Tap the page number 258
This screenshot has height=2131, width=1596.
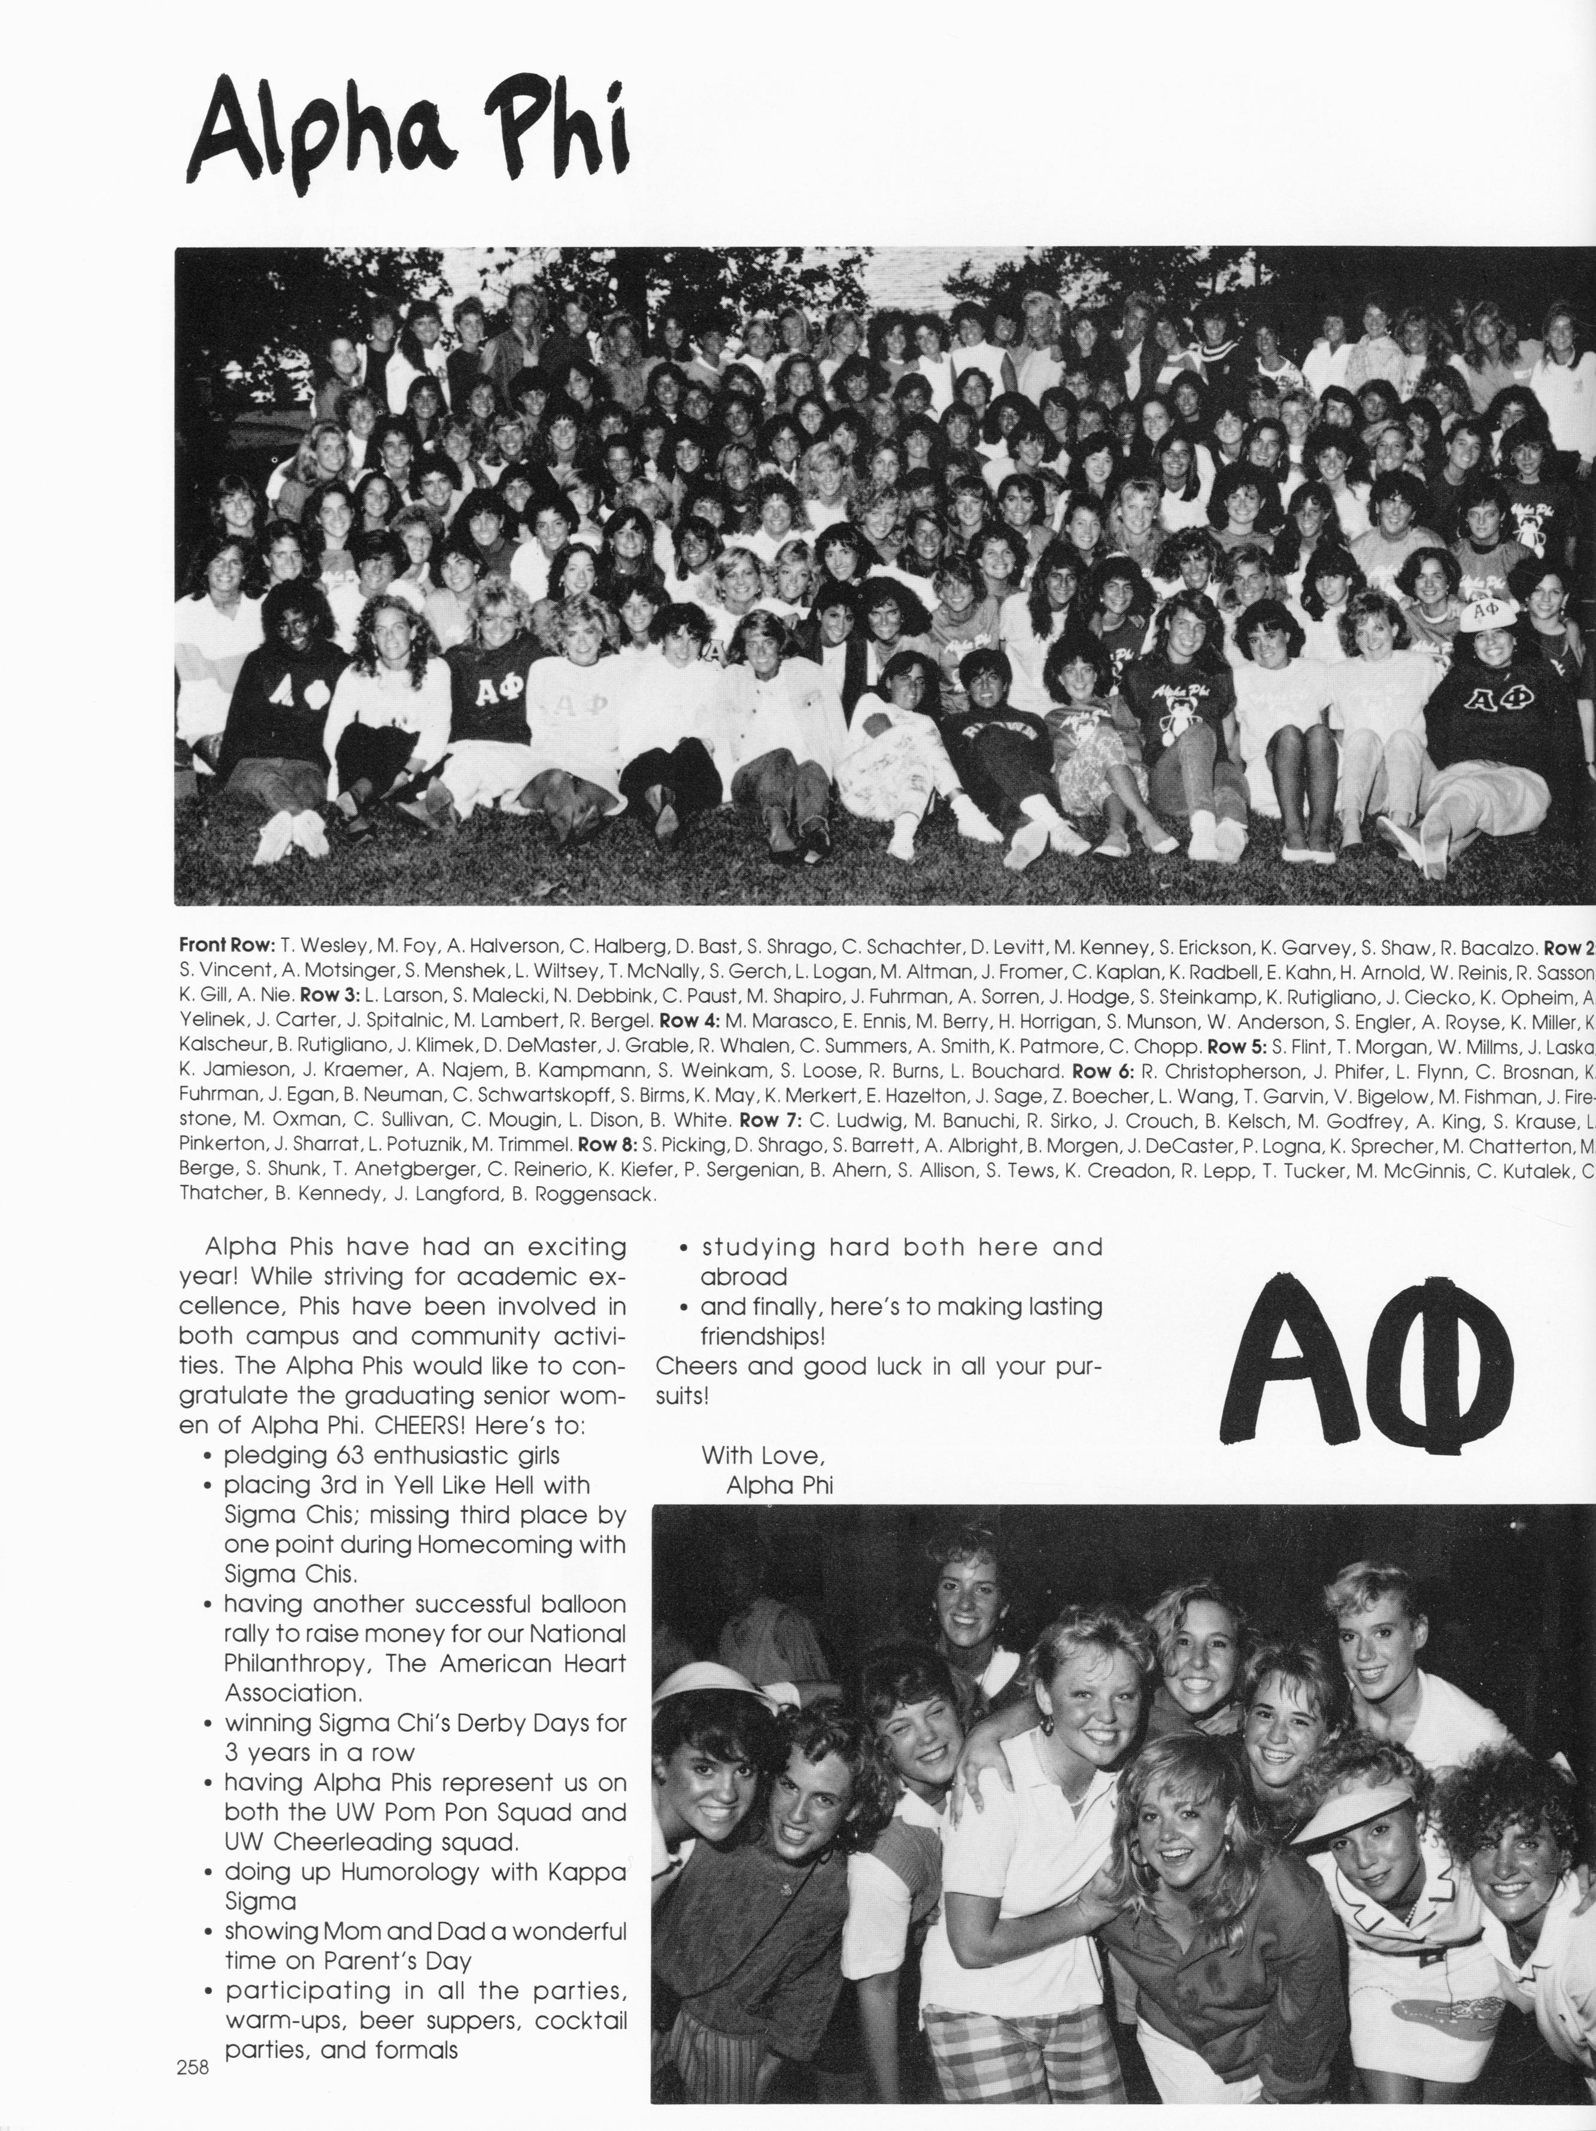coord(193,2066)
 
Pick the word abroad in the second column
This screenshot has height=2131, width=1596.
coord(743,1276)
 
